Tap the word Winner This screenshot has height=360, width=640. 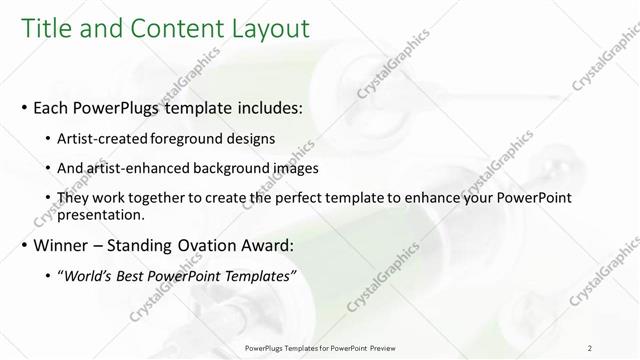coord(61,244)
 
